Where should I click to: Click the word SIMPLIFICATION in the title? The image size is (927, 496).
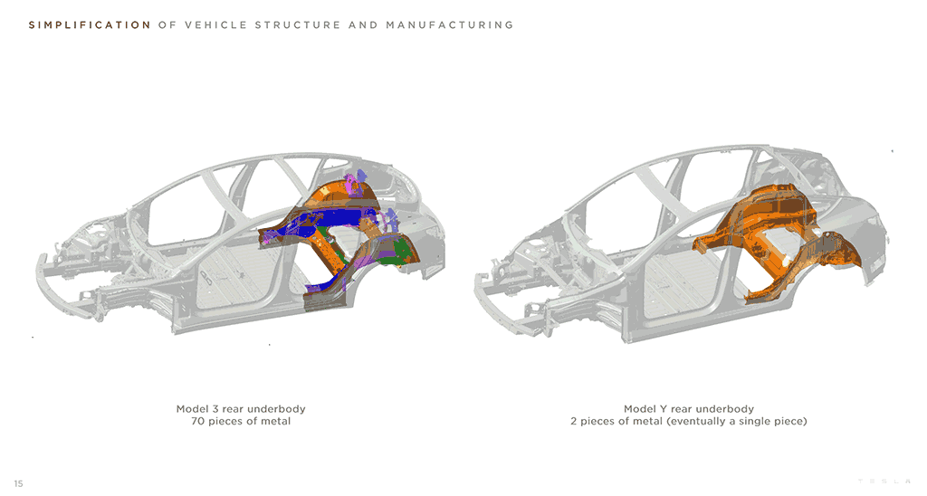(90, 25)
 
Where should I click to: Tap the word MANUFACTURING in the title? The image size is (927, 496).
(449, 25)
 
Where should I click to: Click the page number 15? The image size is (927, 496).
(18, 483)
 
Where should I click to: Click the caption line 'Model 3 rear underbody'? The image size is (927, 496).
(240, 409)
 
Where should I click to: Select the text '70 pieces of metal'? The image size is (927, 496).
(240, 422)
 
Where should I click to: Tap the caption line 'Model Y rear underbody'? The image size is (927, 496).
(688, 409)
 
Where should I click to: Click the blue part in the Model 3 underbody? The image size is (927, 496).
(335, 219)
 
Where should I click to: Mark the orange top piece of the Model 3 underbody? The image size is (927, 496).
(339, 192)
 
